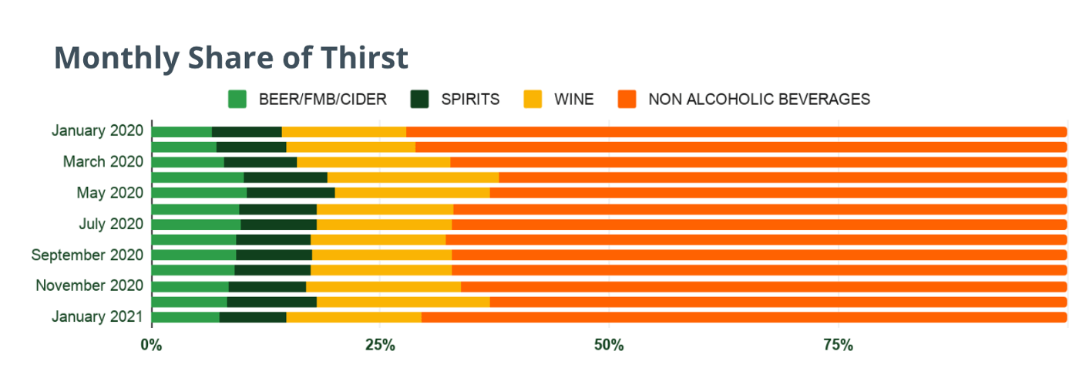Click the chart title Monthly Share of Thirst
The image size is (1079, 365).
click(230, 59)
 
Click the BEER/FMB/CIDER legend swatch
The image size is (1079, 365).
click(237, 100)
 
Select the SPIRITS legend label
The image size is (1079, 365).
click(470, 100)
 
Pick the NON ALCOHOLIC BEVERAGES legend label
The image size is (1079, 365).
click(759, 100)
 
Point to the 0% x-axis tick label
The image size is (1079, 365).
click(151, 343)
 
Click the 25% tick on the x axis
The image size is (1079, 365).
click(380, 343)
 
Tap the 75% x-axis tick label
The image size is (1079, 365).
click(838, 343)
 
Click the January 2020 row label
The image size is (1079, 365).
click(97, 130)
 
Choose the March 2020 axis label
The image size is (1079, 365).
click(103, 162)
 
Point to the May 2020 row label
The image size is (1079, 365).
click(109, 193)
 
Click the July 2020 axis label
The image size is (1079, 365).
click(111, 224)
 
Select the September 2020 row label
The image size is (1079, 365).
click(87, 255)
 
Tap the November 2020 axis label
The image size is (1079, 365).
click(89, 286)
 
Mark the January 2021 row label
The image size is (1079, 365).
click(97, 316)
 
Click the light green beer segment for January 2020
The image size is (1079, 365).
click(182, 132)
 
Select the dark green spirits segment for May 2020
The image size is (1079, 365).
click(291, 193)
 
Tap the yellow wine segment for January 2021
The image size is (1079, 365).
click(354, 317)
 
